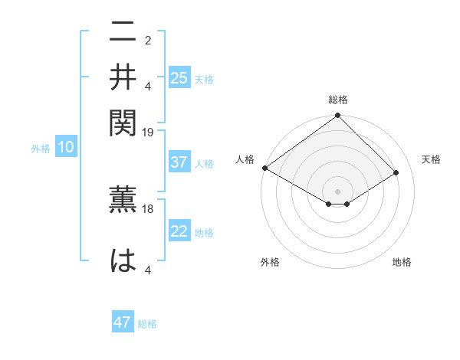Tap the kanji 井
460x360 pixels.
pyautogui.click(x=123, y=78)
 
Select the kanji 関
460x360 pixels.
pyautogui.click(x=123, y=121)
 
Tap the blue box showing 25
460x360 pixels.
pyautogui.click(x=179, y=78)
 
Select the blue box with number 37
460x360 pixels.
pyautogui.click(x=179, y=163)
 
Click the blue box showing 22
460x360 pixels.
pyautogui.click(x=179, y=232)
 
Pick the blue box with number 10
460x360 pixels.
pyautogui.click(x=65, y=148)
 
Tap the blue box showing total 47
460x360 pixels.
pyautogui.click(x=123, y=322)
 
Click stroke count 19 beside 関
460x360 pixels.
pyautogui.click(x=148, y=133)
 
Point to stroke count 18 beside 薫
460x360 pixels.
pyautogui.click(x=148, y=208)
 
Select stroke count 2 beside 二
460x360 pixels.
pyautogui.click(x=148, y=41)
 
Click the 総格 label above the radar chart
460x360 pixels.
pyautogui.click(x=337, y=100)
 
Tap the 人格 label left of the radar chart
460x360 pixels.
pyautogui.click(x=245, y=159)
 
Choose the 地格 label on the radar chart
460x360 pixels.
pyautogui.click(x=402, y=262)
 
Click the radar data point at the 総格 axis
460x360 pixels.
pyautogui.click(x=337, y=116)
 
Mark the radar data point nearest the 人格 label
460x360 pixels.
pyautogui.click(x=264, y=168)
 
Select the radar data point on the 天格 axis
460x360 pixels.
pyautogui.click(x=396, y=172)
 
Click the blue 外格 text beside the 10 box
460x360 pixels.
pyautogui.click(x=40, y=149)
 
